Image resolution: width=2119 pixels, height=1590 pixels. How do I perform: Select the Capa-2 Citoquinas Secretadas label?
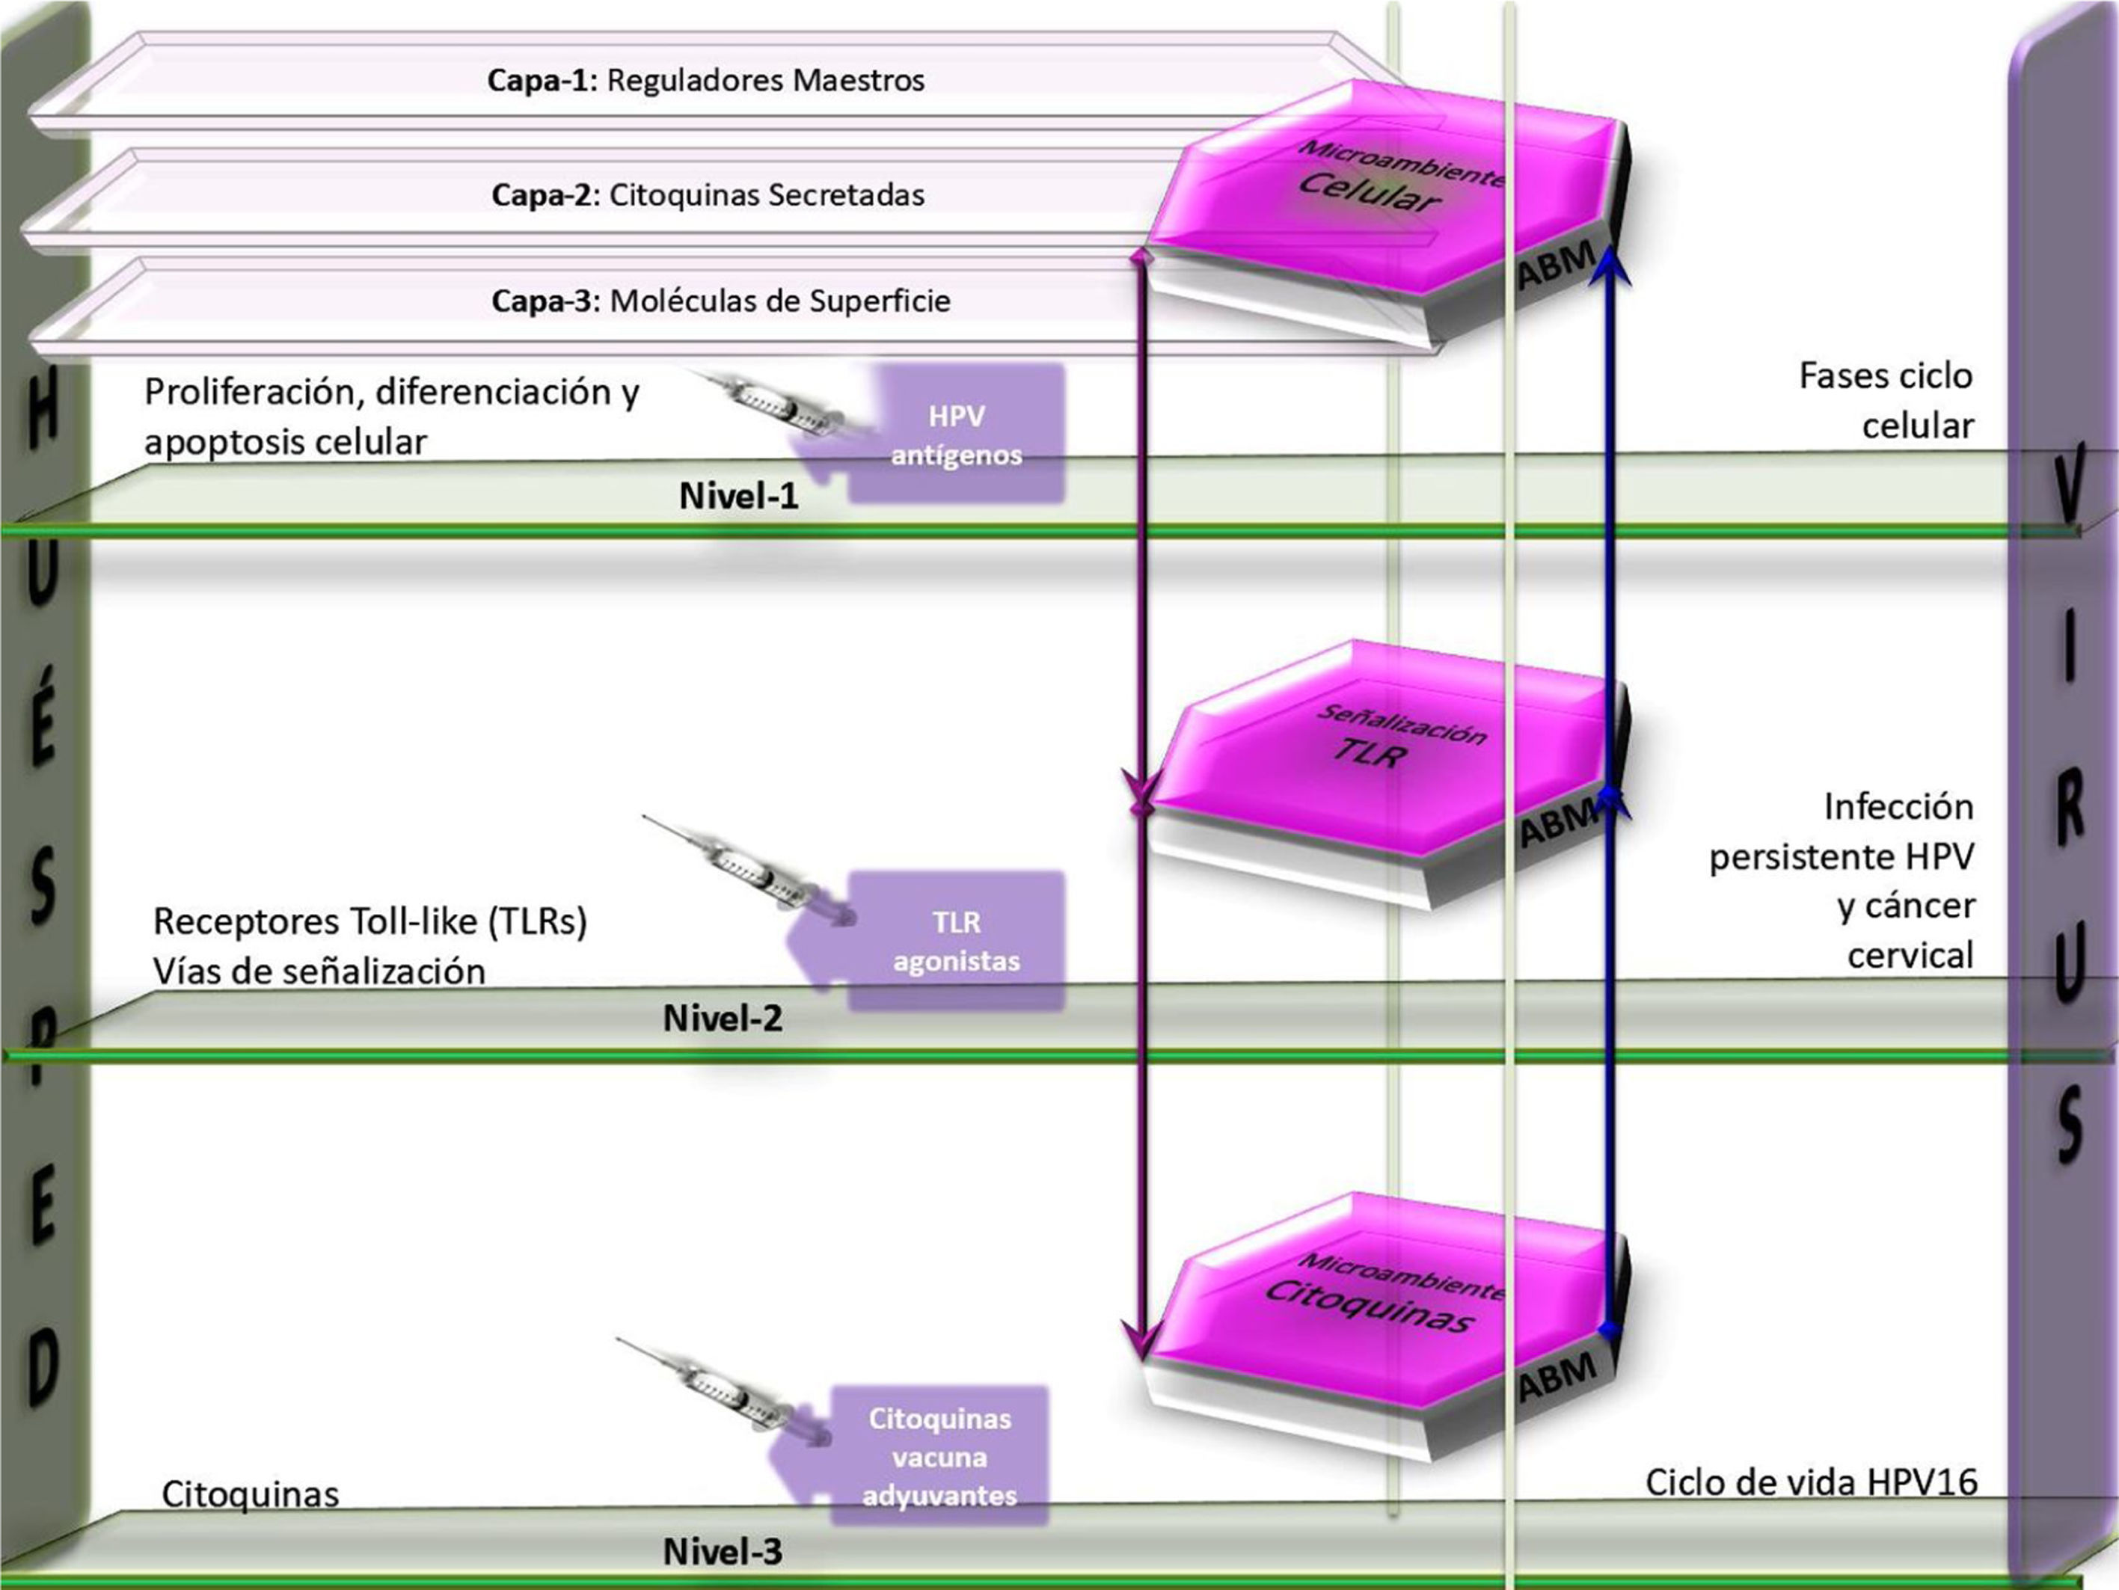tap(708, 195)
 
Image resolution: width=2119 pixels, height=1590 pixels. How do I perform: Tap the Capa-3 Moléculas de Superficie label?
tap(720, 301)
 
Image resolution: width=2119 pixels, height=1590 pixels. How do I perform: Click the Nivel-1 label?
tap(738, 496)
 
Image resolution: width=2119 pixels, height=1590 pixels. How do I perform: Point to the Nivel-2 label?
tap(723, 1018)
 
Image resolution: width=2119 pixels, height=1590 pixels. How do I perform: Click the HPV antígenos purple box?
tap(956, 435)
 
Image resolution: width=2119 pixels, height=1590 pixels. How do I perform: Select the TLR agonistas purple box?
tap(956, 941)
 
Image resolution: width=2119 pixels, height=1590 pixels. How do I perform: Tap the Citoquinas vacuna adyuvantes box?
tap(939, 1456)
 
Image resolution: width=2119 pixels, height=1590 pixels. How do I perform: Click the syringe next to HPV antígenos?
tap(776, 406)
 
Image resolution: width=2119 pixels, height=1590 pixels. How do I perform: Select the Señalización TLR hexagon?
tap(1379, 747)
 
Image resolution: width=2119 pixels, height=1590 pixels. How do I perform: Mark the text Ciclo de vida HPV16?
tap(1811, 1483)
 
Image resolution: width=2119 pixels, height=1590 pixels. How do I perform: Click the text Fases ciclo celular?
tap(1885, 400)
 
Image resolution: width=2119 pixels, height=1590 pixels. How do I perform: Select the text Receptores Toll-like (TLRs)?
tap(369, 921)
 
